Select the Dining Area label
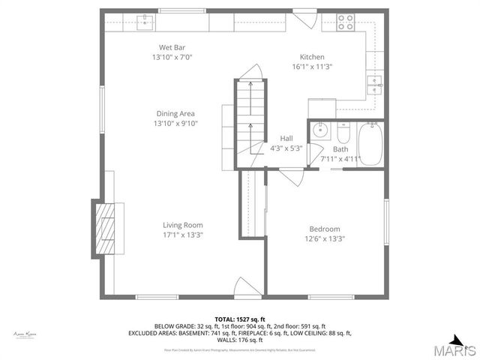coord(175,113)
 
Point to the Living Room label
coord(183,225)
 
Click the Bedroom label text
coord(325,229)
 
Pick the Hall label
coord(286,138)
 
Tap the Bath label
coord(340,148)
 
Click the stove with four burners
coord(346,22)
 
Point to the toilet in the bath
coord(343,133)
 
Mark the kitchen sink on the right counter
coord(373,82)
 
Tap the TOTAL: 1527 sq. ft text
coord(240,319)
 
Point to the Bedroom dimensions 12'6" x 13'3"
coord(325,239)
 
